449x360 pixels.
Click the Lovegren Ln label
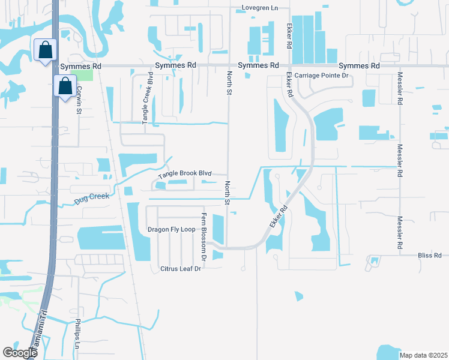tap(260, 8)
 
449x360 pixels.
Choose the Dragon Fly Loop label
tap(172, 230)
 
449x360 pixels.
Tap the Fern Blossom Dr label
tap(204, 236)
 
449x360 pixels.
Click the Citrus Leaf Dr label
tap(180, 268)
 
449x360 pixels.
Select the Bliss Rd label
tap(429, 256)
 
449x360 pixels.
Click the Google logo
tap(20, 353)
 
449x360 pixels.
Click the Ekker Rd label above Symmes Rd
tap(289, 37)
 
